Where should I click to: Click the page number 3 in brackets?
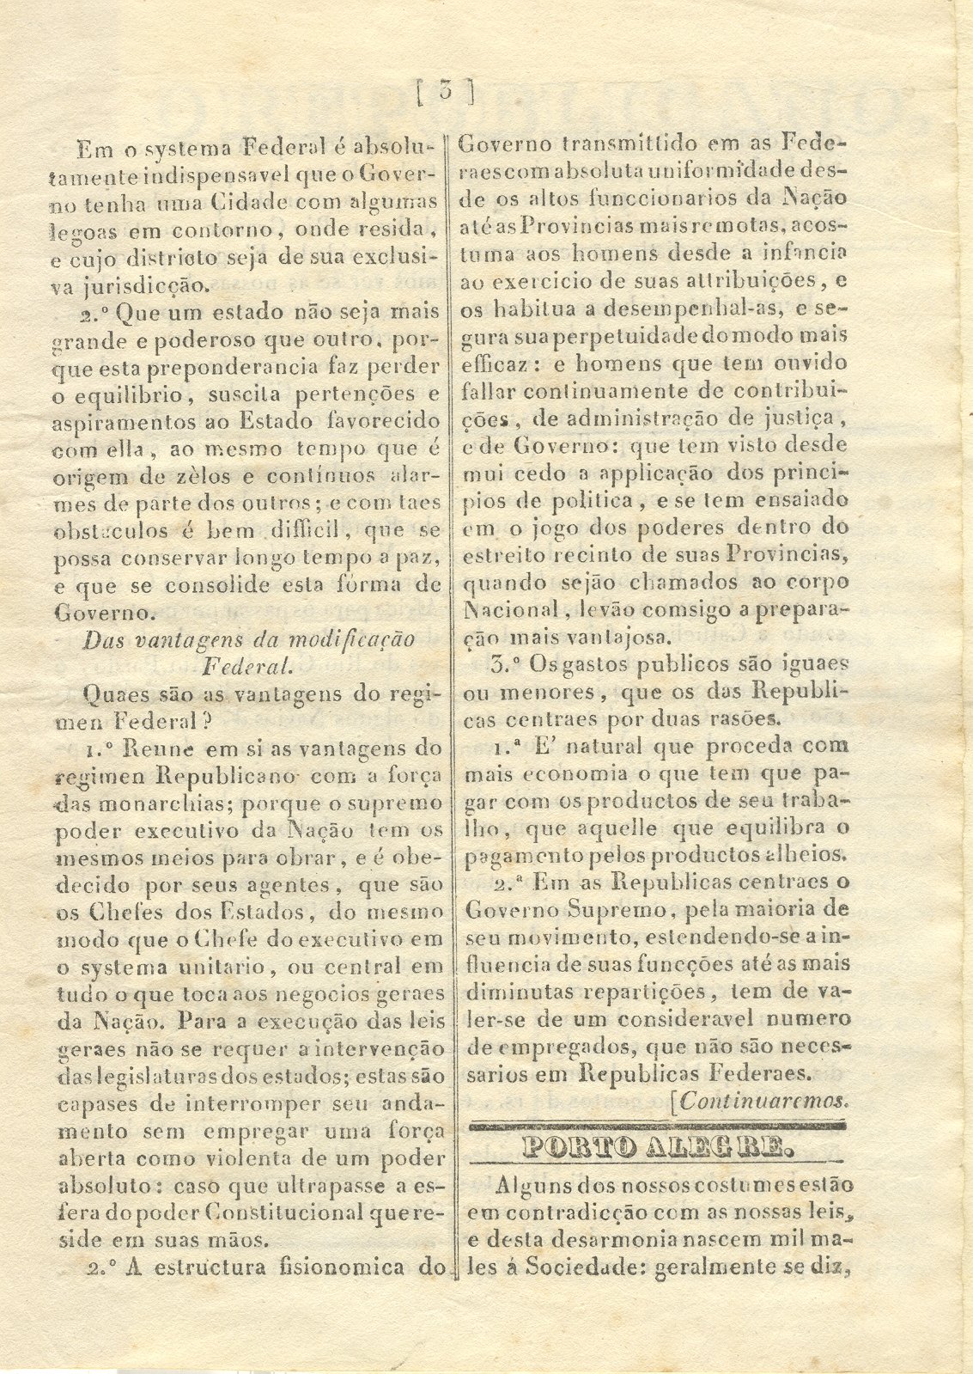[x=444, y=90]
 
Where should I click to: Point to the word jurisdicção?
[x=145, y=284]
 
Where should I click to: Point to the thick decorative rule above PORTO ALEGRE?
[x=657, y=1125]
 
